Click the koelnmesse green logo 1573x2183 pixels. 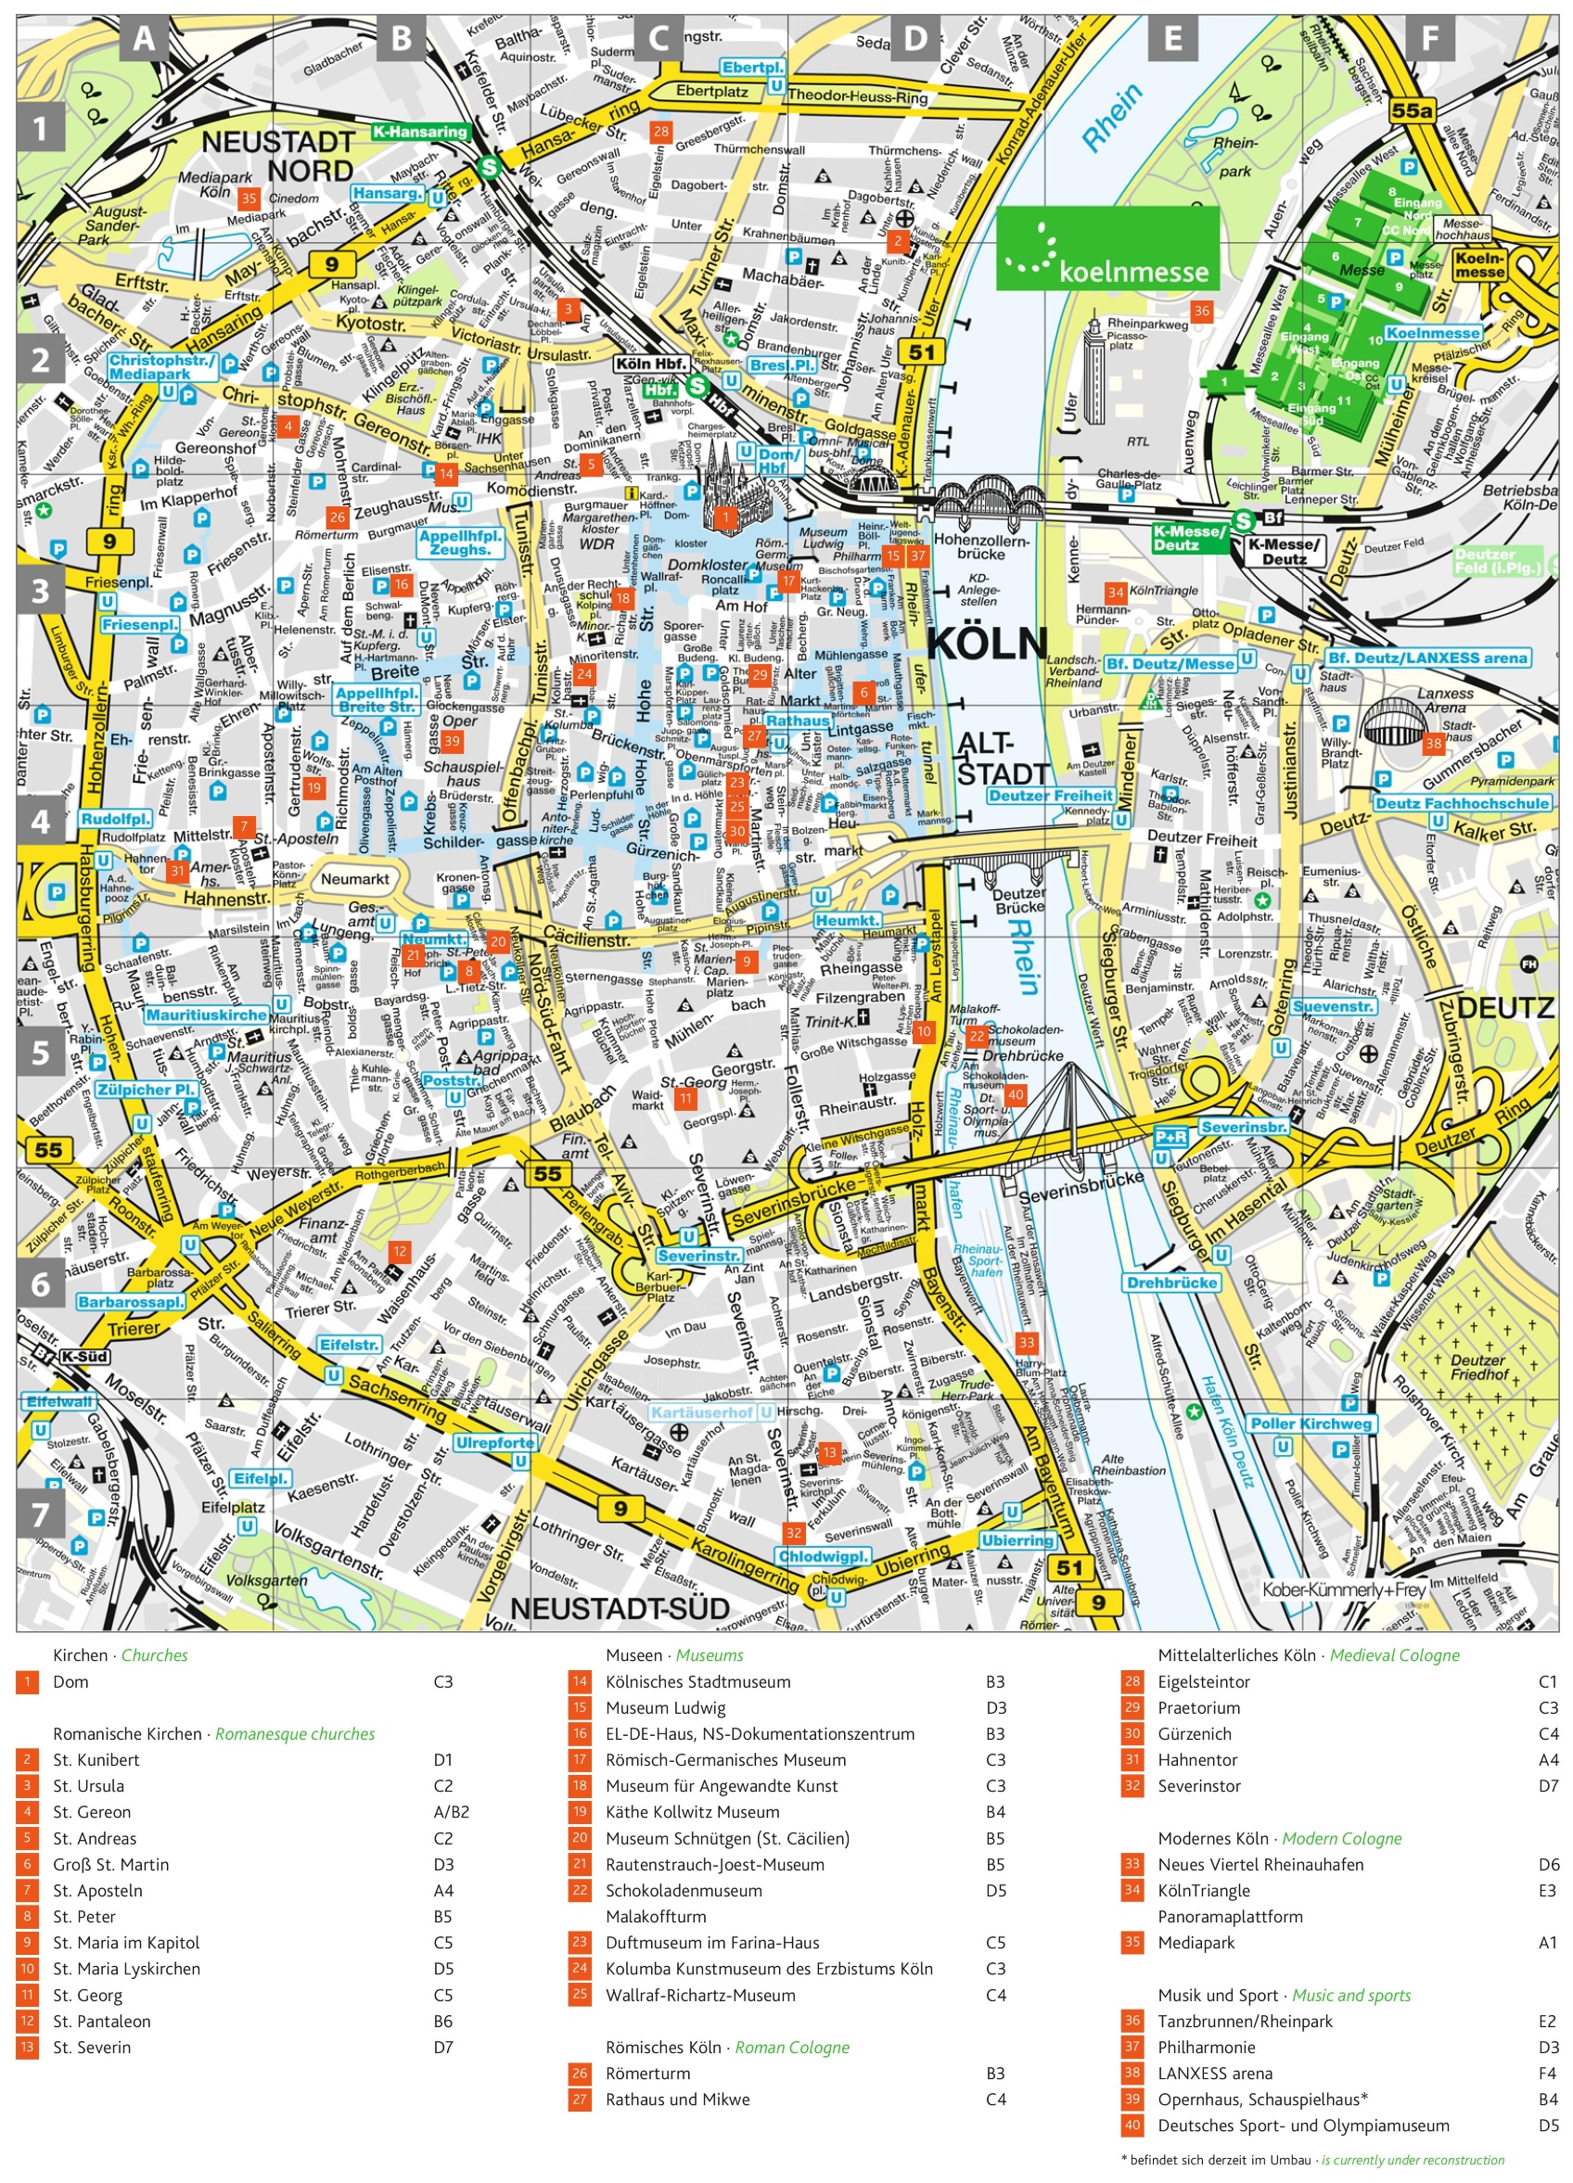pyautogui.click(x=1107, y=248)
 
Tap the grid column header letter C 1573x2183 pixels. pyautogui.click(x=659, y=39)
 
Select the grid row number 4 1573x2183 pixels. pyautogui.click(x=41, y=821)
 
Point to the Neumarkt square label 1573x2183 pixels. pyautogui.click(x=355, y=879)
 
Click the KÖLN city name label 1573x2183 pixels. pyautogui.click(x=987, y=643)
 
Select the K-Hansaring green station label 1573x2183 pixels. pyautogui.click(x=420, y=132)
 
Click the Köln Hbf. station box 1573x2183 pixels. pyautogui.click(x=651, y=364)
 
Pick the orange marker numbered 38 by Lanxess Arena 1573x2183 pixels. pyautogui.click(x=1433, y=743)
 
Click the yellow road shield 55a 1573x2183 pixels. pyautogui.click(x=1412, y=110)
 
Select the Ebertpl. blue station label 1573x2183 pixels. pyautogui.click(x=754, y=68)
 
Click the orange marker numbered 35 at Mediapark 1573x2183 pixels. pyautogui.click(x=249, y=198)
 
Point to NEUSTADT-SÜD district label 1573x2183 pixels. pyautogui.click(x=619, y=1608)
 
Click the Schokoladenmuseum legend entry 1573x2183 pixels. pyautogui.click(x=683, y=1889)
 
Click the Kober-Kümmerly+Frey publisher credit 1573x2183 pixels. pyautogui.click(x=1343, y=1589)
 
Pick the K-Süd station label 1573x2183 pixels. pyautogui.click(x=84, y=1356)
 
